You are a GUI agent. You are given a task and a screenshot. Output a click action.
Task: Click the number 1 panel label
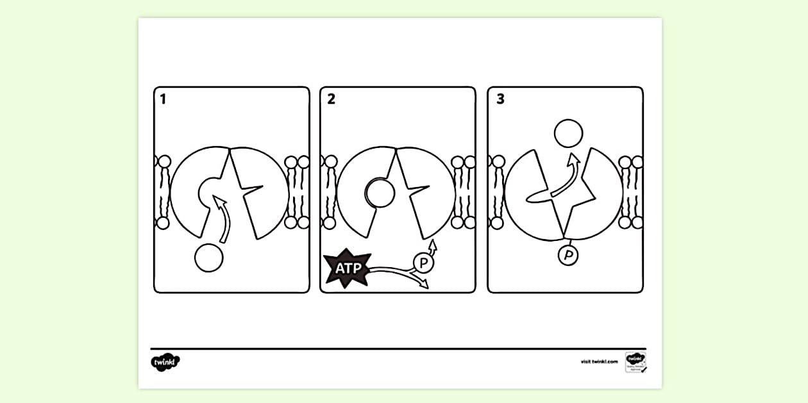point(163,99)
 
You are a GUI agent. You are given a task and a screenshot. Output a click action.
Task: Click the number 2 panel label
point(331,99)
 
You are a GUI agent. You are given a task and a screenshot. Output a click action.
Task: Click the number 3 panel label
point(500,99)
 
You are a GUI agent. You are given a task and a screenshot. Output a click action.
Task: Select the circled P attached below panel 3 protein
point(568,256)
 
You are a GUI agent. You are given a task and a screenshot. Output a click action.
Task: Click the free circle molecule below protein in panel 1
point(208,258)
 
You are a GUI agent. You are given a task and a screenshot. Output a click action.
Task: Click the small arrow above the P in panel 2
point(433,245)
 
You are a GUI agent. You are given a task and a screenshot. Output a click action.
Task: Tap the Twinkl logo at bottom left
point(165,362)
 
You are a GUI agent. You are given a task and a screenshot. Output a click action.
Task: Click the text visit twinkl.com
point(599,362)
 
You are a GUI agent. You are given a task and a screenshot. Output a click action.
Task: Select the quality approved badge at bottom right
point(634,362)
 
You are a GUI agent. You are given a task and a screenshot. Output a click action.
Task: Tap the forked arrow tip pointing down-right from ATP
point(423,284)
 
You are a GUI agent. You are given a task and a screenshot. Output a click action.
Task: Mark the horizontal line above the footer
point(398,349)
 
